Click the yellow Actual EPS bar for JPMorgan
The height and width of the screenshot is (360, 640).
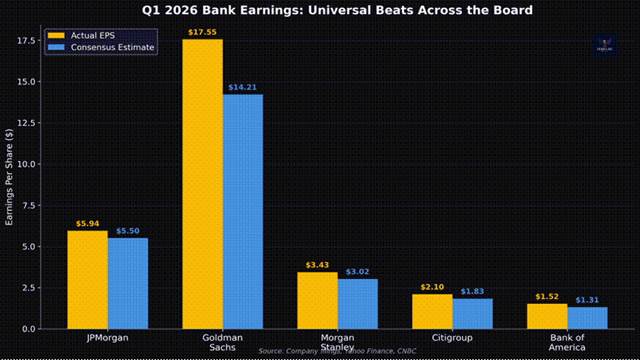(x=88, y=280)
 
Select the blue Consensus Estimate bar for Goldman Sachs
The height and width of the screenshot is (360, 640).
(x=243, y=211)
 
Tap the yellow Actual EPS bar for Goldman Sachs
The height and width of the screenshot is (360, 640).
(x=202, y=184)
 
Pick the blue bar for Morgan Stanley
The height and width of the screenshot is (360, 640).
(x=358, y=303)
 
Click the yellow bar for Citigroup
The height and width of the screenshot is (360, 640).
(x=433, y=311)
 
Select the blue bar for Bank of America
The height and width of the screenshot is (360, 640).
(x=587, y=318)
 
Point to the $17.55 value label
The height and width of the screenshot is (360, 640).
(x=202, y=32)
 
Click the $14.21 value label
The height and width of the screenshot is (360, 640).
(x=243, y=88)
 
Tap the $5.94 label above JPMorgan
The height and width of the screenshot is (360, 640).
(x=88, y=224)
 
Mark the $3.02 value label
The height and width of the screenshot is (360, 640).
(x=358, y=272)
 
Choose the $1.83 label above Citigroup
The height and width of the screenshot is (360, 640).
(x=472, y=292)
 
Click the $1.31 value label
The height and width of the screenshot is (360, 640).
(x=587, y=300)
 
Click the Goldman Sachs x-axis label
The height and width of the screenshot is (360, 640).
(x=222, y=342)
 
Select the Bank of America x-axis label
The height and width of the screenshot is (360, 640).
(x=566, y=342)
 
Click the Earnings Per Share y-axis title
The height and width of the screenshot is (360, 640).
(x=9, y=176)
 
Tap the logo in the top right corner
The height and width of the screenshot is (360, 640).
(x=605, y=45)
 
